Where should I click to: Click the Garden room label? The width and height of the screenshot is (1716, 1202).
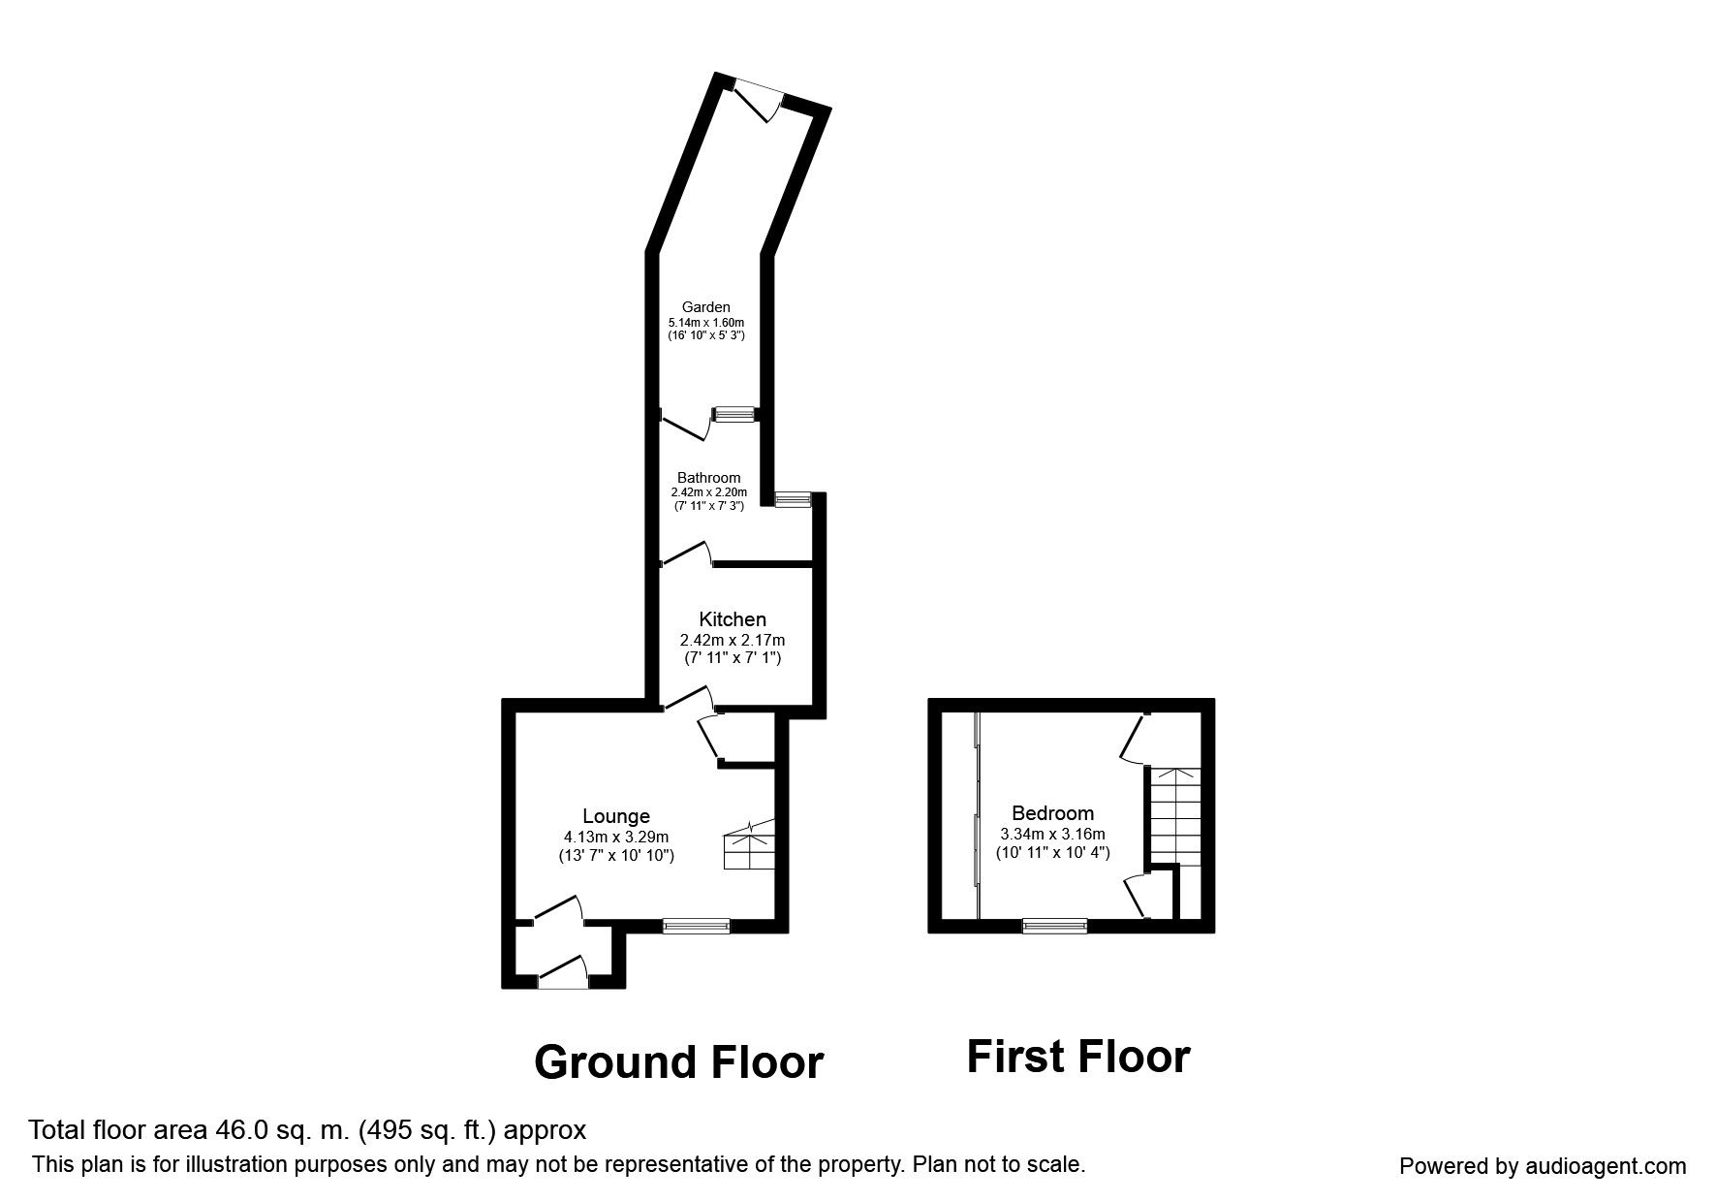pyautogui.click(x=705, y=307)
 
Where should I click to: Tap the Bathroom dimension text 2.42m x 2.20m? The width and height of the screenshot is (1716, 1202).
pyautogui.click(x=708, y=492)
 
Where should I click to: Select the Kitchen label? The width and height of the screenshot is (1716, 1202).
pyautogui.click(x=733, y=619)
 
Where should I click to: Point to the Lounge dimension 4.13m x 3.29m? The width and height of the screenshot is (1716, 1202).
pyautogui.click(x=616, y=837)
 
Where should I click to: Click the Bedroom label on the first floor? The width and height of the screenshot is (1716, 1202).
pyautogui.click(x=1052, y=813)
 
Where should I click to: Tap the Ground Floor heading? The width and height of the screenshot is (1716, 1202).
pyautogui.click(x=678, y=1062)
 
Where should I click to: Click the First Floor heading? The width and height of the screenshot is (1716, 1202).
pyautogui.click(x=1077, y=1057)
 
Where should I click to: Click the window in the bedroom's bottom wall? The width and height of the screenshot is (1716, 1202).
pyautogui.click(x=1055, y=927)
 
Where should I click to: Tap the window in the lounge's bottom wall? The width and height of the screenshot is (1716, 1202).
pyautogui.click(x=696, y=927)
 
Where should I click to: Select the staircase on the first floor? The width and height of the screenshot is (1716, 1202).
pyautogui.click(x=1174, y=815)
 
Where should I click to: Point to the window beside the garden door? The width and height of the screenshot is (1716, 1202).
pyautogui.click(x=733, y=415)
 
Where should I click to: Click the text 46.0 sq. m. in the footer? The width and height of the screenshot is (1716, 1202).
pyautogui.click(x=287, y=1130)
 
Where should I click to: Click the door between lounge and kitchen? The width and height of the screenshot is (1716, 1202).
pyautogui.click(x=687, y=699)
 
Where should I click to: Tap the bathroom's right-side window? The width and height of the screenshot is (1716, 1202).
pyautogui.click(x=793, y=499)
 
